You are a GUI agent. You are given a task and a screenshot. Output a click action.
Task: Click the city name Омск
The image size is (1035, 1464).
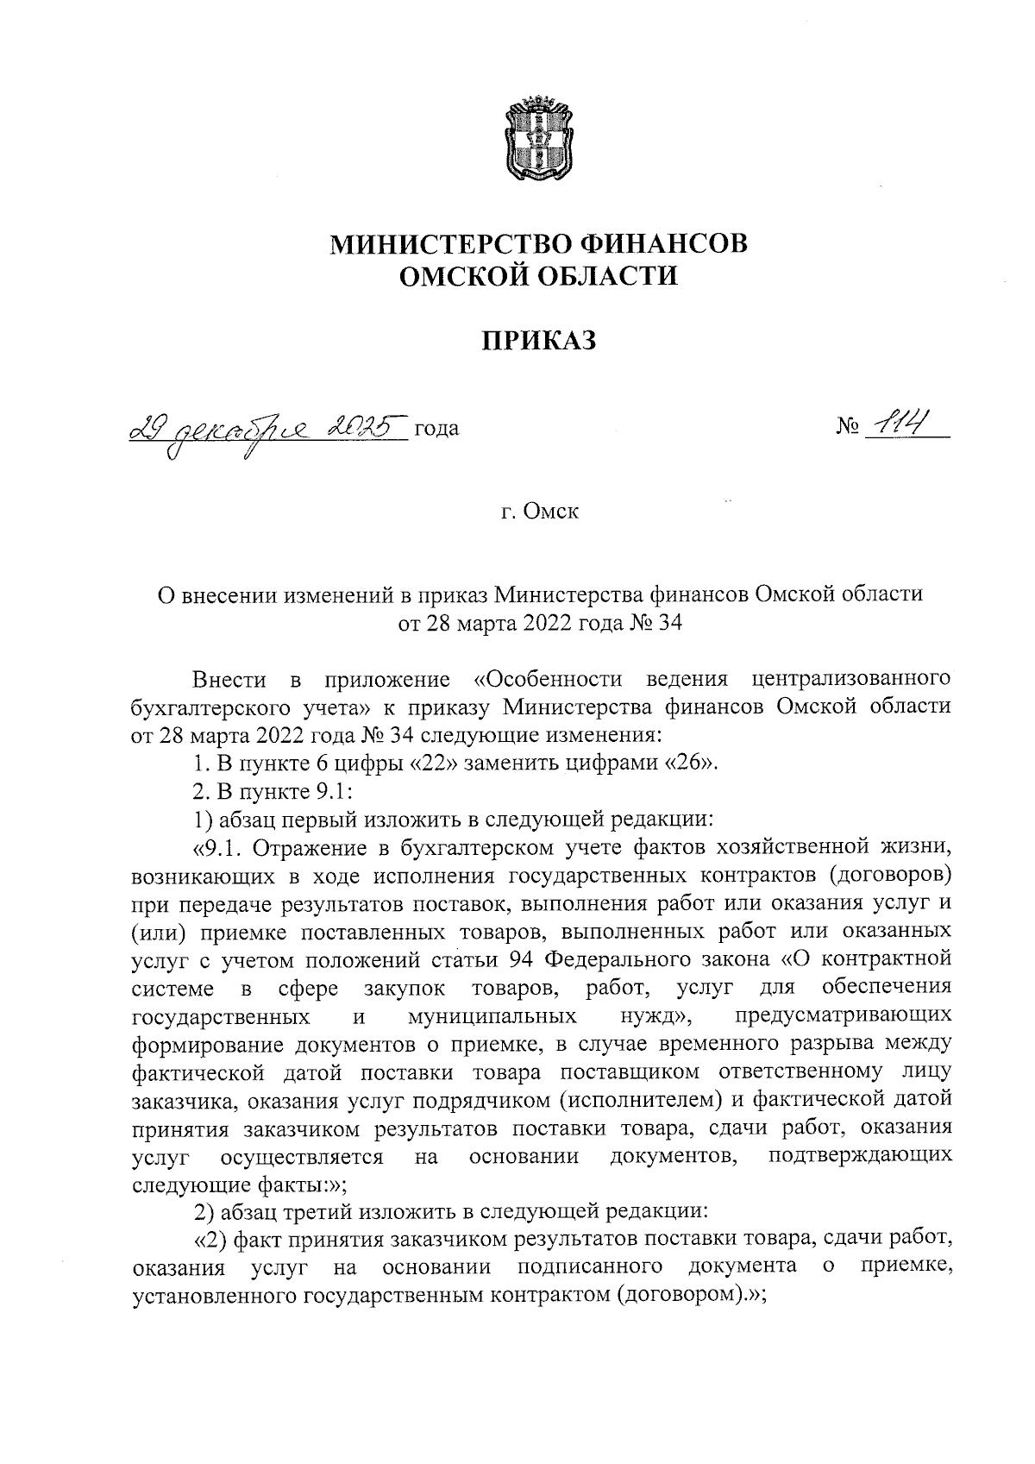[552, 512]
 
